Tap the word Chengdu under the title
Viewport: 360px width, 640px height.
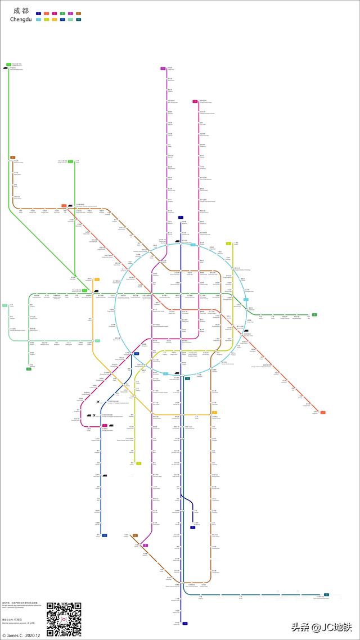21,20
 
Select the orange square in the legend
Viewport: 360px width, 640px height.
46,13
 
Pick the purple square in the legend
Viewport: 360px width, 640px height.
70,13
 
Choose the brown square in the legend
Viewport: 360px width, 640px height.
78,13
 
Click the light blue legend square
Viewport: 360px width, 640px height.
38,20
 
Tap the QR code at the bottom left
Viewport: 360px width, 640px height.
64,619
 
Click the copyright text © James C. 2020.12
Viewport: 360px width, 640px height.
21,636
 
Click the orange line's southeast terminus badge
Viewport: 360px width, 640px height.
323,413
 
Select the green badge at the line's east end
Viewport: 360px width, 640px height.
314,315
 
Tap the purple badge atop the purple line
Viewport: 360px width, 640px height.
163,68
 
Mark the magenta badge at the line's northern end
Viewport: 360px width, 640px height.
195,102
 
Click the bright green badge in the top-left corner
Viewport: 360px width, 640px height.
9,65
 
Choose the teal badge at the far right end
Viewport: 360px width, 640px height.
326,594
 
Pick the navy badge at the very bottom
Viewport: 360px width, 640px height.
184,624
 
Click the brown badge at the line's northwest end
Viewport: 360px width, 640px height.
12,158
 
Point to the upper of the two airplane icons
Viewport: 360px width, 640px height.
98,402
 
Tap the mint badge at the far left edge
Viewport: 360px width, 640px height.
4,305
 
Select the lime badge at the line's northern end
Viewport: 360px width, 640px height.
228,244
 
